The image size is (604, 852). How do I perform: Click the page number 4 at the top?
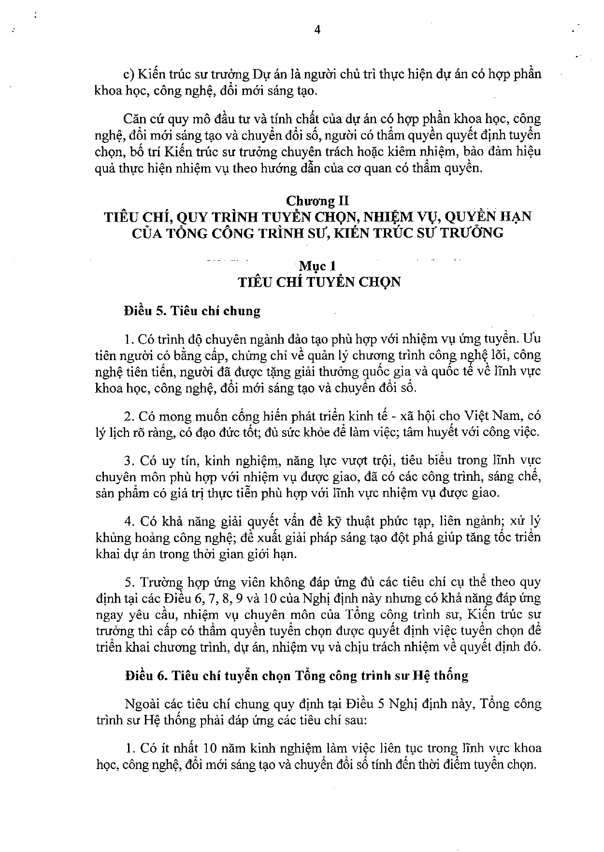tap(317, 30)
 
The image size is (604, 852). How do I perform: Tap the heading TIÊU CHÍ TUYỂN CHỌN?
tap(319, 281)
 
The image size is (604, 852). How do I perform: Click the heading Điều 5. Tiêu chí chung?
tap(192, 310)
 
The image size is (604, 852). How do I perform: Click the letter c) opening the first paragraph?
tap(128, 75)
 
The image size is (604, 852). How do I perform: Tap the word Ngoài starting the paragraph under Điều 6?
tap(140, 704)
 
